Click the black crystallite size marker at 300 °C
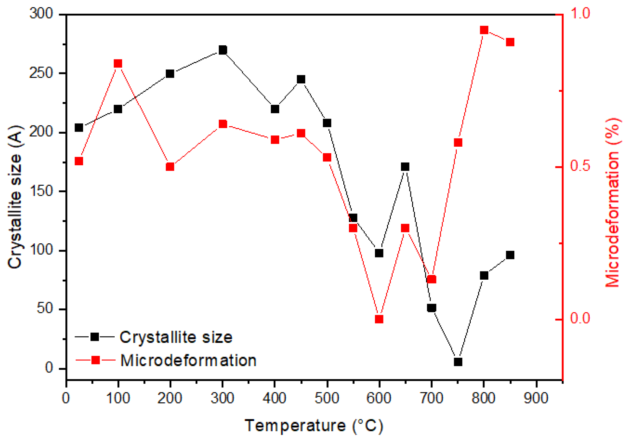[223, 50]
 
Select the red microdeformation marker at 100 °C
[118, 64]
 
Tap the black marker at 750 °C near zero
[458, 362]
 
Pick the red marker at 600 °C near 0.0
[379, 319]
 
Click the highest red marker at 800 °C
[484, 30]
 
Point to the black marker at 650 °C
[405, 167]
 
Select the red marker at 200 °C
[170, 167]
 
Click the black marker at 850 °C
[510, 255]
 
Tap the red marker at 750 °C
[458, 142]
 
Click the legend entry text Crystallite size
[176, 337]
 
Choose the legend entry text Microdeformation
[188, 361]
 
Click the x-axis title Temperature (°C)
[314, 426]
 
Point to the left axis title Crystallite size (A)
[15, 197]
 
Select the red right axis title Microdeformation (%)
[612, 202]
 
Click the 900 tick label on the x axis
[536, 398]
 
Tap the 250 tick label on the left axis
[40, 73]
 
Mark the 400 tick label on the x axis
[274, 398]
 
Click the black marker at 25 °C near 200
[79, 128]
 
